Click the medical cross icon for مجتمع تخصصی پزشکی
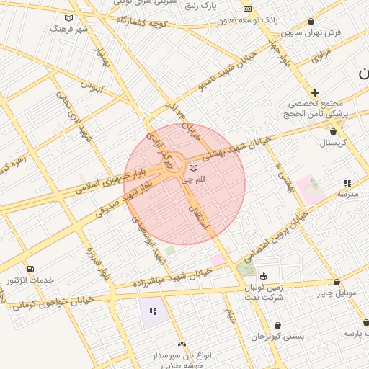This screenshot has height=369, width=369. point(315,92)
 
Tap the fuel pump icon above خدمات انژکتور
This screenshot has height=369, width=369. point(30,268)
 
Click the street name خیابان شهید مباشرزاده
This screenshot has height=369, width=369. point(172,278)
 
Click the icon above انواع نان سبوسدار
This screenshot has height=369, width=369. point(182,344)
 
